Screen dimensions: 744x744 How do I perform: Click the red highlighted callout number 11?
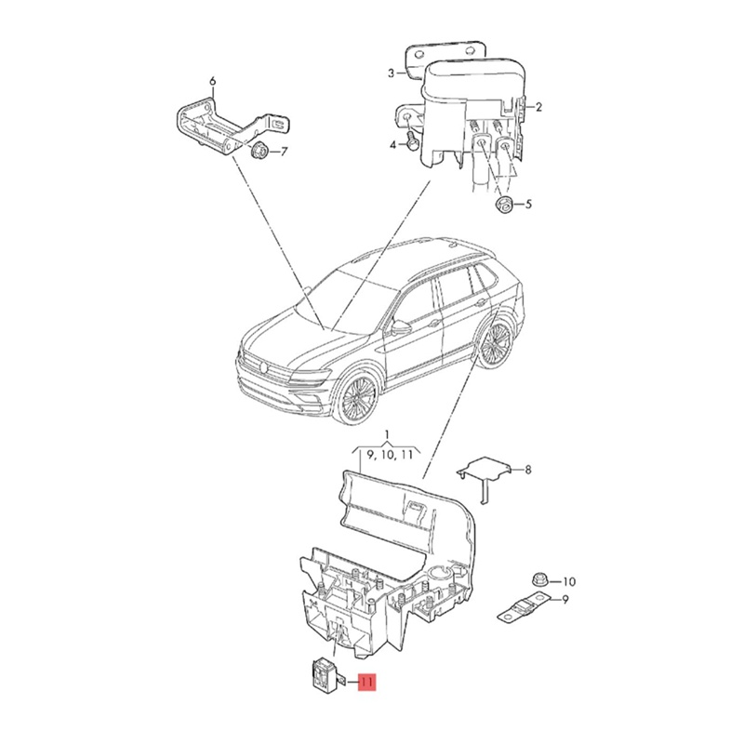point(365,684)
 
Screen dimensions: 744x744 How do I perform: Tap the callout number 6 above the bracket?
point(212,82)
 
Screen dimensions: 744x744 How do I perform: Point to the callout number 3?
point(392,73)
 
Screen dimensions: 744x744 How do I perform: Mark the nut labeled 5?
point(502,204)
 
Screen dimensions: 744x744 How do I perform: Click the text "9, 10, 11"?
point(389,455)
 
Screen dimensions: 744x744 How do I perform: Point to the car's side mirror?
point(401,326)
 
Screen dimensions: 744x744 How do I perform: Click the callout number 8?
point(528,471)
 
